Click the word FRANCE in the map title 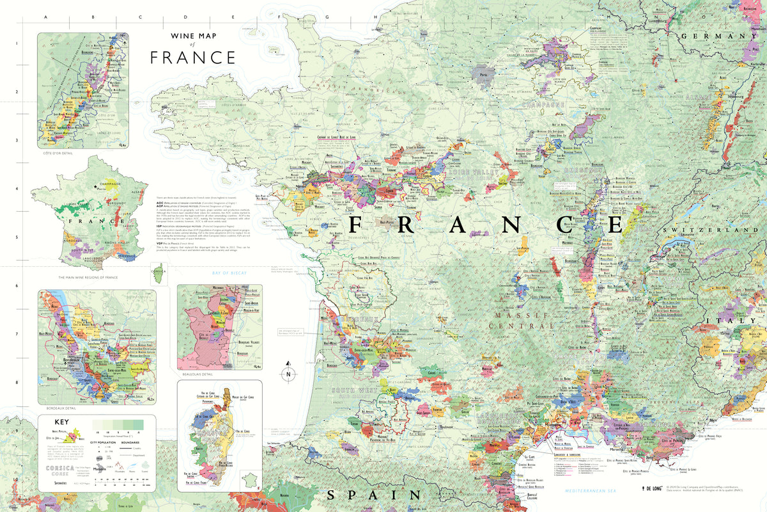[x=193, y=58]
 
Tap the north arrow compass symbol [x=288, y=374]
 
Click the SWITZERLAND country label [x=714, y=230]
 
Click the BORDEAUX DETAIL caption [x=61, y=408]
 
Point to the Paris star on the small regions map [x=97, y=187]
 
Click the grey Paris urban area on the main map [x=484, y=72]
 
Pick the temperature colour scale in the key [x=118, y=424]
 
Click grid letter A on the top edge [x=45, y=19]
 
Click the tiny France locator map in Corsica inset [x=249, y=479]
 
